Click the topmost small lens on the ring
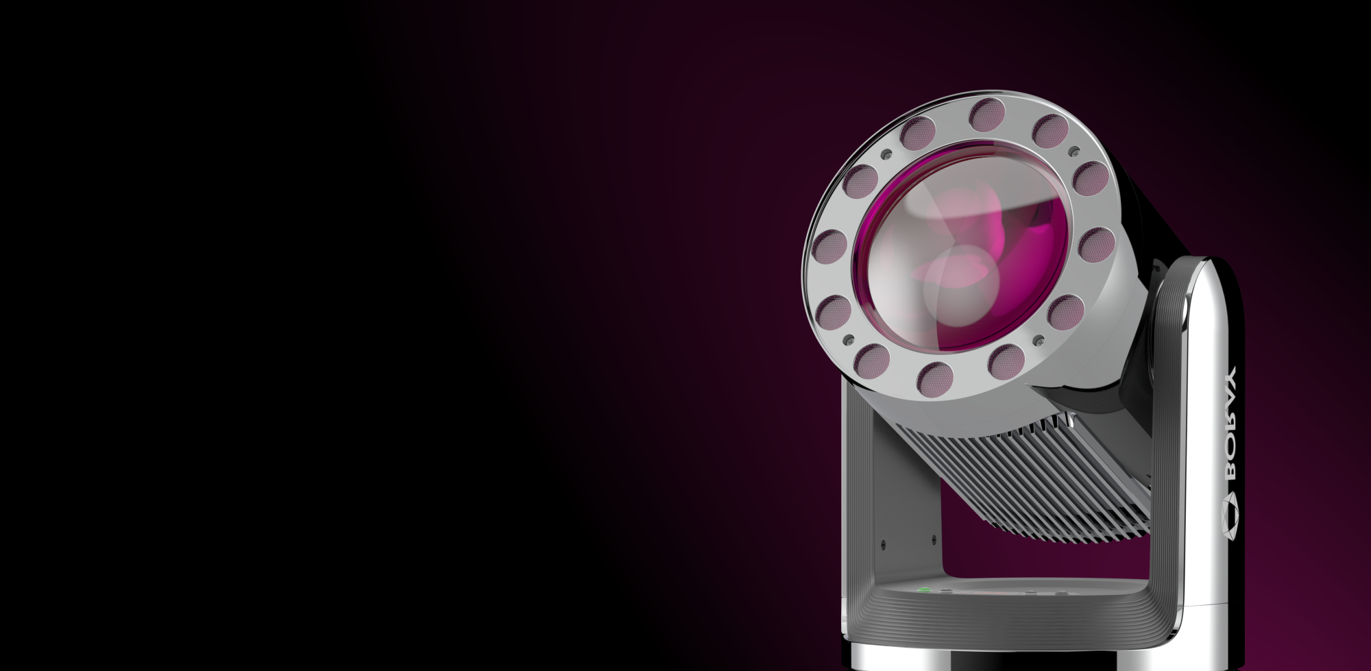coord(987,114)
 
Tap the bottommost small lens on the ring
coord(936,377)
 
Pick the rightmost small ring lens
coord(1095,244)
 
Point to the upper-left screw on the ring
coord(886,154)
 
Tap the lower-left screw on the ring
coord(850,340)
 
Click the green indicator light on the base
coord(924,589)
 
